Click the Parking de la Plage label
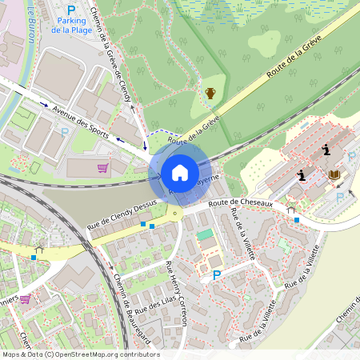click(71, 24)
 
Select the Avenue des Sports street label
click(81, 121)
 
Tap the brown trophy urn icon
click(210, 94)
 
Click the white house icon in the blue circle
click(179, 172)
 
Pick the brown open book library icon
click(334, 175)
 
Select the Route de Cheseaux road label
click(241, 204)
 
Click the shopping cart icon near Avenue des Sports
click(102, 167)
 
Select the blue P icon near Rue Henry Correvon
click(216, 275)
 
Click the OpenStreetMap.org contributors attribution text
click(115, 354)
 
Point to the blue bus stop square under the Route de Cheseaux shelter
click(296, 219)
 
